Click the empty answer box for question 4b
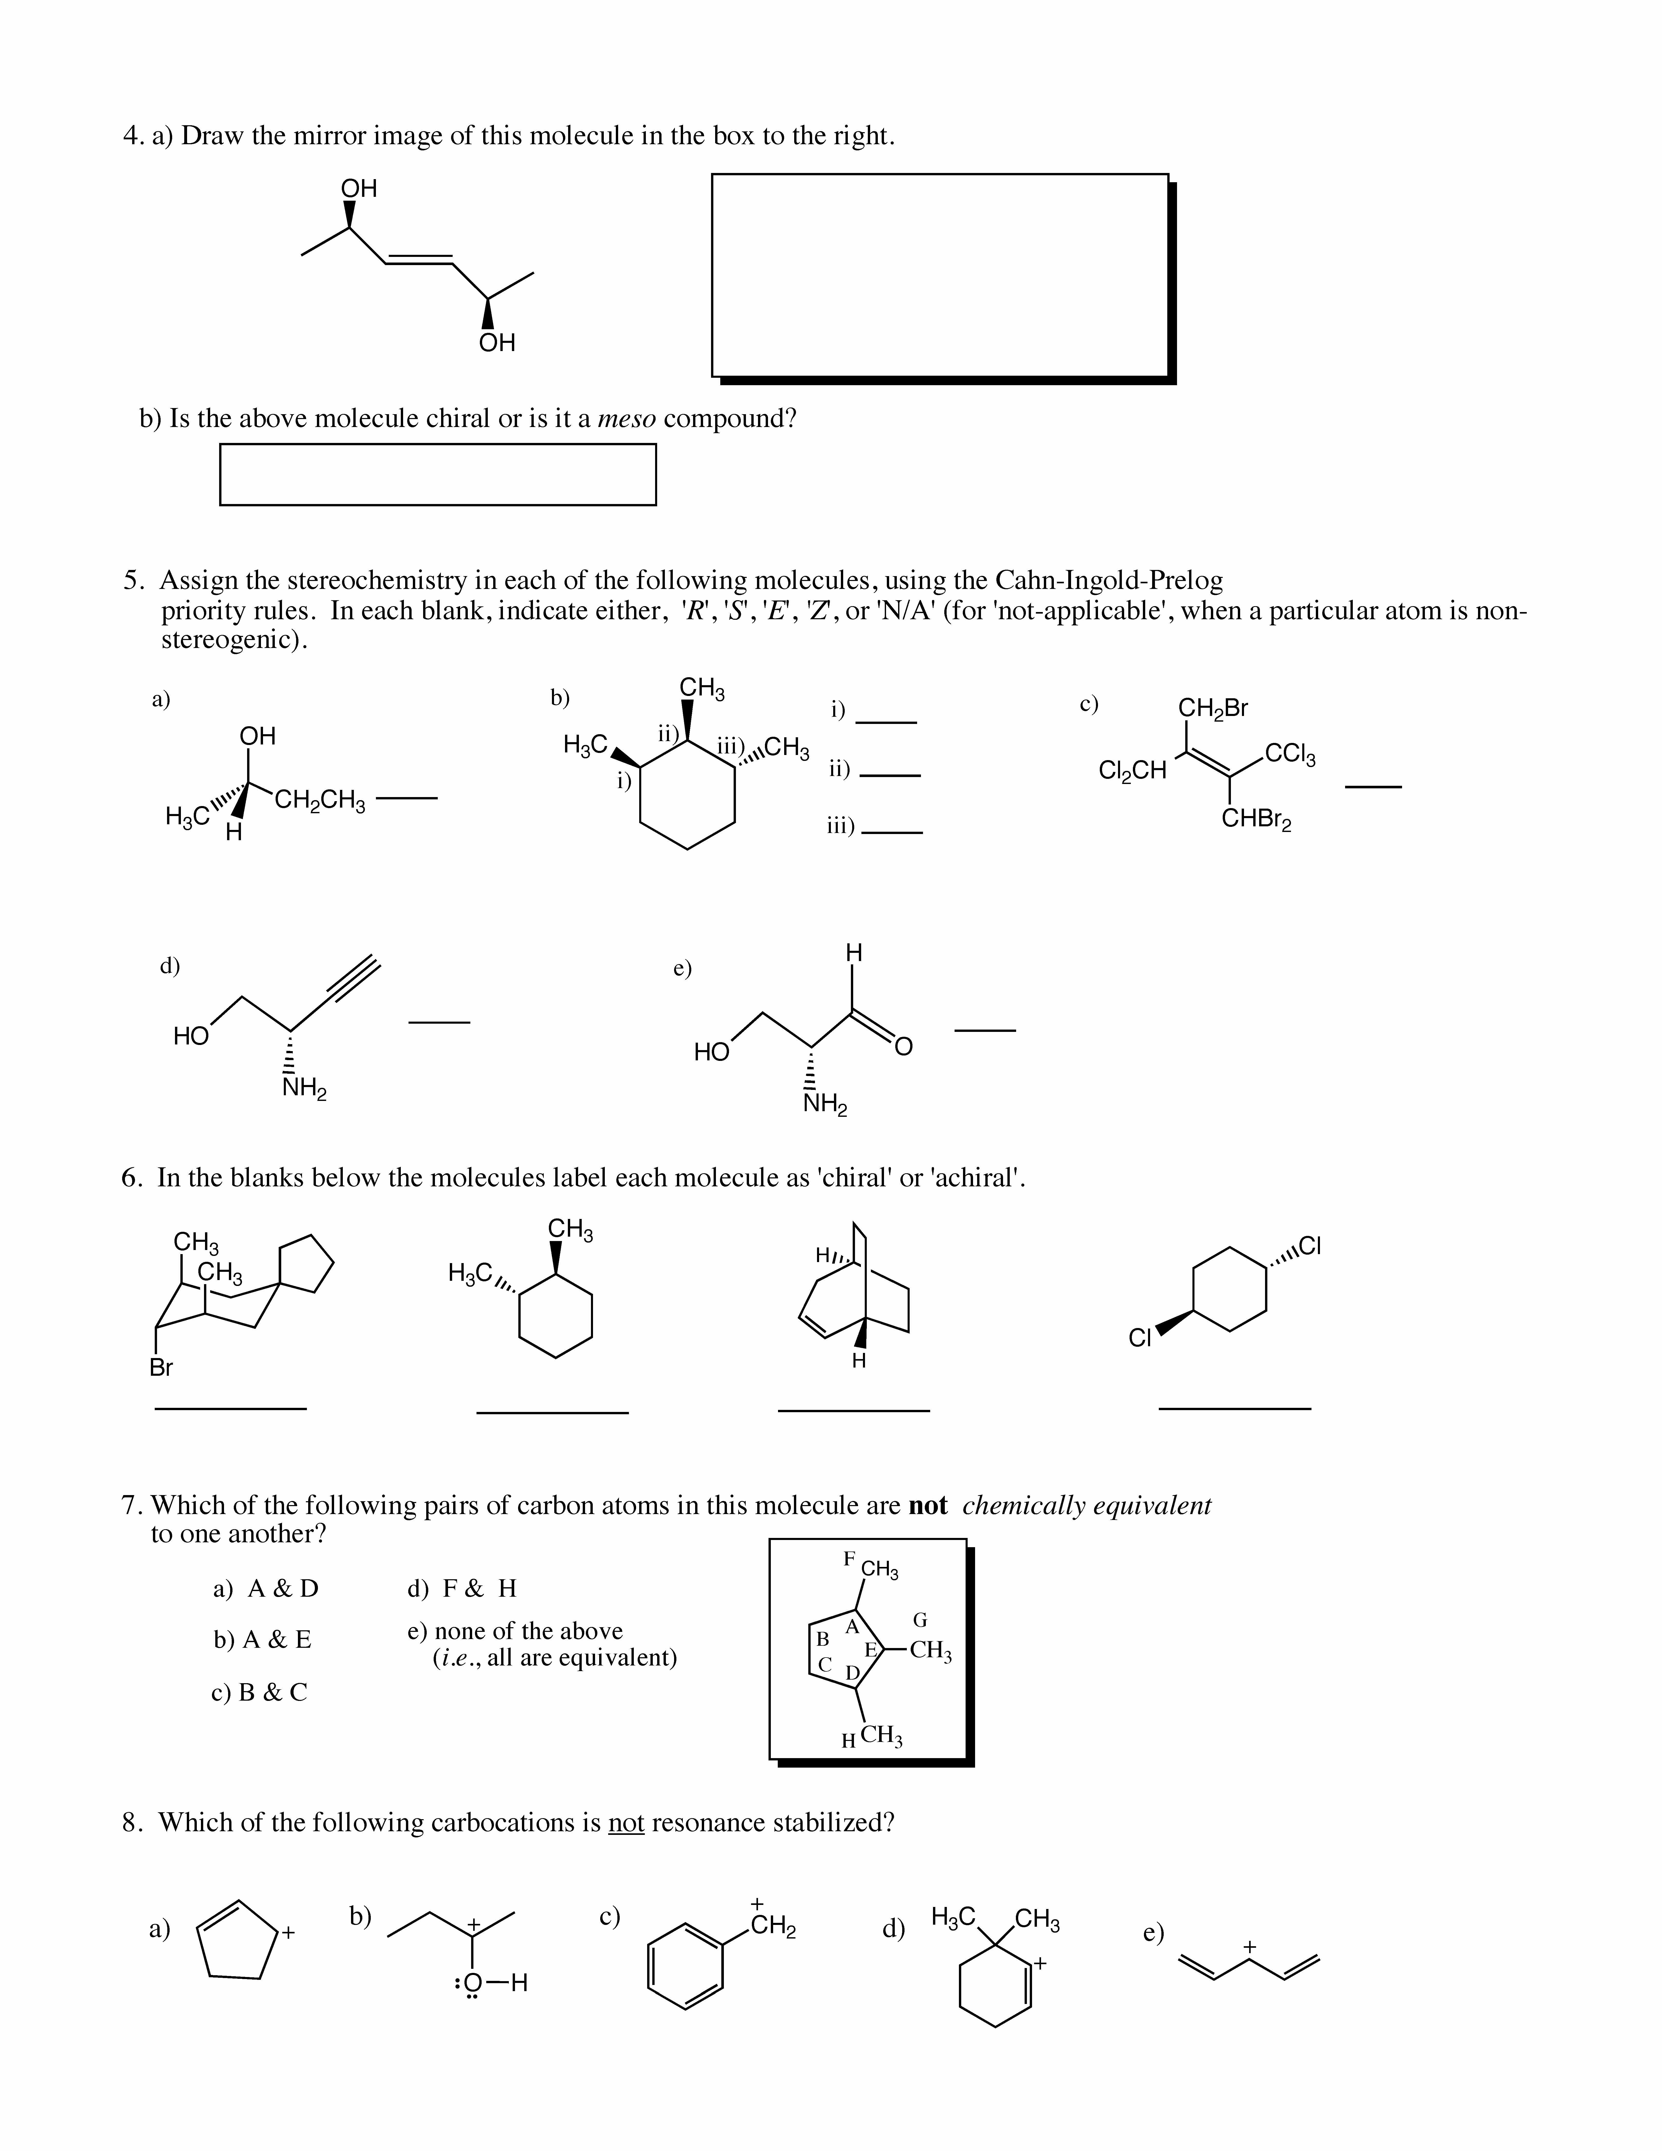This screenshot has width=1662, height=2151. point(437,475)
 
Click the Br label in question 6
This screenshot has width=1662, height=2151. point(160,1368)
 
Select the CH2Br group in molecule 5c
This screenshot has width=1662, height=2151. point(1213,708)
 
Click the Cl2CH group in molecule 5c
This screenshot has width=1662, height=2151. point(1132,770)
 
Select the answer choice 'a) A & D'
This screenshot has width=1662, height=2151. point(266,1589)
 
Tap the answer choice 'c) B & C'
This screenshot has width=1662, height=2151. point(259,1692)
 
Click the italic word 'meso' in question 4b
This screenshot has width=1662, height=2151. point(627,420)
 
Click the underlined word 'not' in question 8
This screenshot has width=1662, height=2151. point(626,1823)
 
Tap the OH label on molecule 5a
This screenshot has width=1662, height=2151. point(258,736)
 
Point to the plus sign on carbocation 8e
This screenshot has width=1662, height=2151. point(1250,1946)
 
